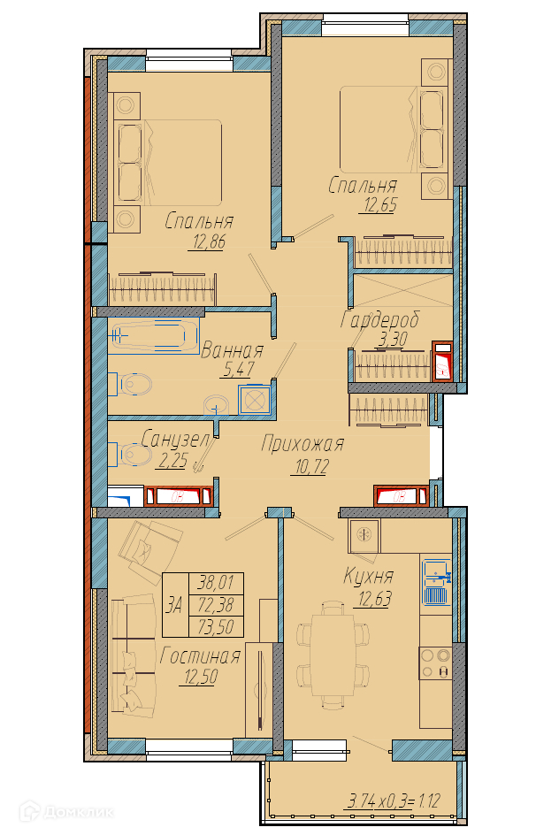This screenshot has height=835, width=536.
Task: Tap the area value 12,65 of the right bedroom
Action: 380,205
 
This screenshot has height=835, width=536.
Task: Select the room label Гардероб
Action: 380,319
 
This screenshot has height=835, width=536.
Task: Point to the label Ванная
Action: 232,351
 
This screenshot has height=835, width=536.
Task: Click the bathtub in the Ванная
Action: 154,336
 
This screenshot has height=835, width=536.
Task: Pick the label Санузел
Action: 176,440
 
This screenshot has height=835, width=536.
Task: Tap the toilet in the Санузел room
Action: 130,455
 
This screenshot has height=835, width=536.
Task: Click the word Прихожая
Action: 302,444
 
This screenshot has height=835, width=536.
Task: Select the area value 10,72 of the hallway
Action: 312,467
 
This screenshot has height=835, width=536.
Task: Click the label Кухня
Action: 369,576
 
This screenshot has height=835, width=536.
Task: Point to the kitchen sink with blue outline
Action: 436,582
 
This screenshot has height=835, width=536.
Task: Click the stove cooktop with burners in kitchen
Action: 436,663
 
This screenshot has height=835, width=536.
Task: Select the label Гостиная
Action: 200,656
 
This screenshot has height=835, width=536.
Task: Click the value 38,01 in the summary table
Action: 216,583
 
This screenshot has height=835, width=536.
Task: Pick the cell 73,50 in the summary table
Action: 216,627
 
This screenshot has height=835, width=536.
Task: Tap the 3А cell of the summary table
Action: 175,605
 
